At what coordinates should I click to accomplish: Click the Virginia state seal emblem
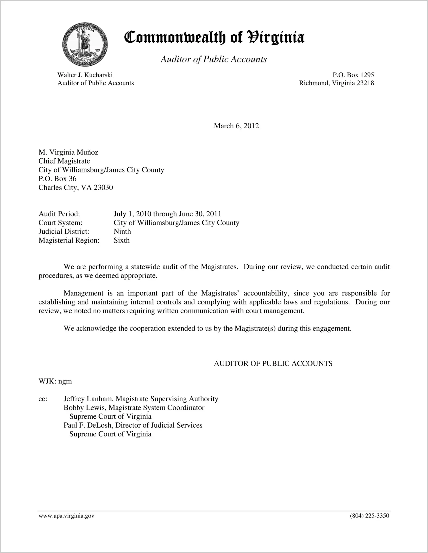(x=85, y=44)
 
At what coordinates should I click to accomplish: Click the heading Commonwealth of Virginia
(x=214, y=38)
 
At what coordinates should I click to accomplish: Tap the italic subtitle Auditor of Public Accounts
(x=214, y=59)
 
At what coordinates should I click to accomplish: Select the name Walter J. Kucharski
(x=85, y=75)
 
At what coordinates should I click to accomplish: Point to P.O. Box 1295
(x=353, y=75)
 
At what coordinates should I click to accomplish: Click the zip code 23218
(x=365, y=83)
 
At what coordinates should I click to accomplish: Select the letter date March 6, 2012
(x=236, y=126)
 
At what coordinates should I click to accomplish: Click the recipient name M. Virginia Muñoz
(x=68, y=152)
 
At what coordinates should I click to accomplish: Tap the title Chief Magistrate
(x=64, y=161)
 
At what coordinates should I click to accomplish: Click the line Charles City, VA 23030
(x=76, y=188)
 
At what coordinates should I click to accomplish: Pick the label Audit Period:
(x=59, y=214)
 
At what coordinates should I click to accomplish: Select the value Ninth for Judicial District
(x=122, y=231)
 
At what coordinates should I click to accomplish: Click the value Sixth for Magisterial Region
(x=121, y=240)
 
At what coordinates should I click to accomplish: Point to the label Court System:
(x=60, y=223)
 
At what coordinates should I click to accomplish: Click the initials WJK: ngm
(x=55, y=381)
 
